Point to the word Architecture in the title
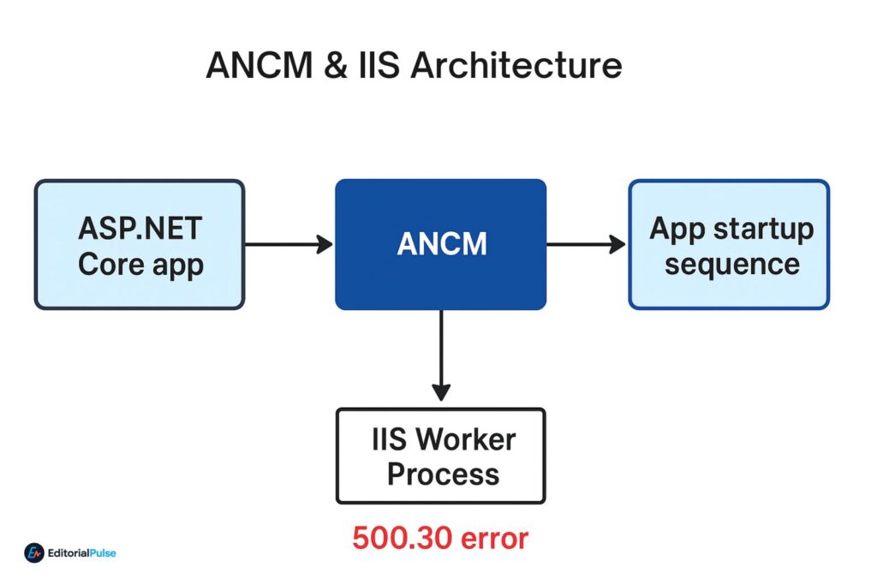516,66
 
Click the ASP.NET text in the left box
140,229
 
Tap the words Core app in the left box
140,265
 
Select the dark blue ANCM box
440,244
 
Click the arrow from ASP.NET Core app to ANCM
289,245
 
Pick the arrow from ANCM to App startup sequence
586,245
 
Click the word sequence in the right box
731,264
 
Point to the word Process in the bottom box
443,474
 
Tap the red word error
494,538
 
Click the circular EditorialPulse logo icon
34,553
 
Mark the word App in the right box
677,229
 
